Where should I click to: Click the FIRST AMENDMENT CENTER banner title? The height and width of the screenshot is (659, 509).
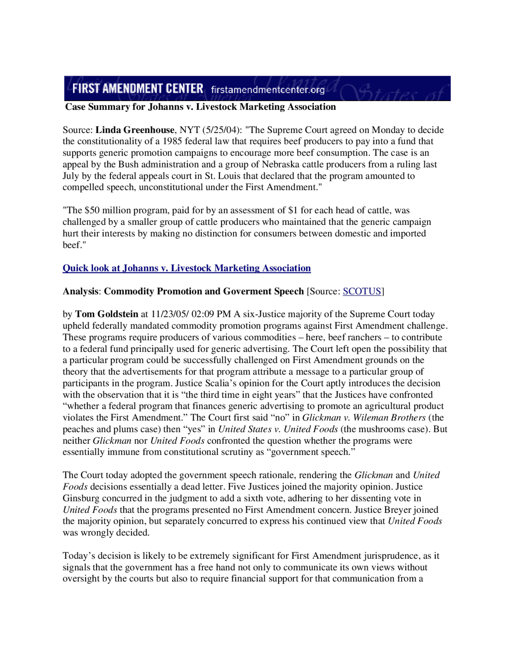pos(138,88)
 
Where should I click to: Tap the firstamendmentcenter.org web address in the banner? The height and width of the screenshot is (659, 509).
pos(268,90)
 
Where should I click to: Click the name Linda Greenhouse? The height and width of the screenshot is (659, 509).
pos(135,130)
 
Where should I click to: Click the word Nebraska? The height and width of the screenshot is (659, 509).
pos(279,165)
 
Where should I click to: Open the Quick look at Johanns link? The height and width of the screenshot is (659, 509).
pos(187,268)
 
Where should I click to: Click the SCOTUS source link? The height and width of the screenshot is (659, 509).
pos(362,292)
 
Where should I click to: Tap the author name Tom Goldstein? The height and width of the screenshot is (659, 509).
pos(107,314)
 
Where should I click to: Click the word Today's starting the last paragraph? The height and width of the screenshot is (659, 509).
pos(79,556)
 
